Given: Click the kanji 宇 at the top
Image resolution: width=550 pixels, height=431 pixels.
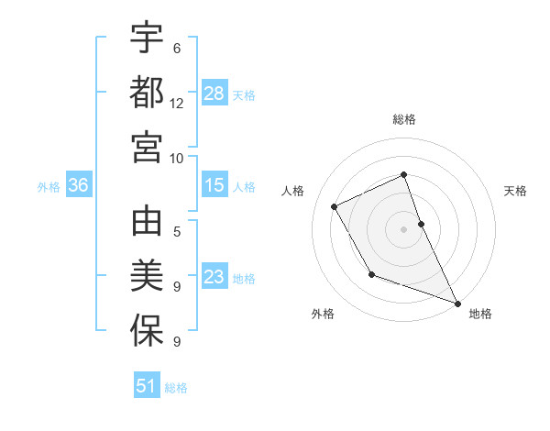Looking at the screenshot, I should pos(147,39).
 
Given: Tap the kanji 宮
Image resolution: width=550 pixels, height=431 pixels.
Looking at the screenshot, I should pos(147,147).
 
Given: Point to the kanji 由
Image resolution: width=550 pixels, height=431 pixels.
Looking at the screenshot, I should pos(147,224).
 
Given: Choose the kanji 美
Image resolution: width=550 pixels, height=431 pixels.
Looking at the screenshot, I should pos(147,277).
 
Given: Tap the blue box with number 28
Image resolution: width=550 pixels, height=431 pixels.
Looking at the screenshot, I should pos(214,93).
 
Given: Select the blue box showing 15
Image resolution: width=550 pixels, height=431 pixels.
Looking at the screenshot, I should pos(214,185).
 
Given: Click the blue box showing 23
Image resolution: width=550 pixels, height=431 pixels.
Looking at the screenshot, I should pos(214,277).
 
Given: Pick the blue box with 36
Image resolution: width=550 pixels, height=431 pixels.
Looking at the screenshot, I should pos(79,185).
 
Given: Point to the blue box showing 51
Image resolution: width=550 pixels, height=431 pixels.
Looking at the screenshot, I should pos(147,386).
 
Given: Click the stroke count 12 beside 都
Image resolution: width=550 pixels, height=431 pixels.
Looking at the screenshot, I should pos(177,104).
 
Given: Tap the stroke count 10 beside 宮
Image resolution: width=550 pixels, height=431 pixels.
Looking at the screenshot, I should pos(177,158).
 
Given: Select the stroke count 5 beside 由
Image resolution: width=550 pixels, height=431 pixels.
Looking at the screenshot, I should pos(177,233).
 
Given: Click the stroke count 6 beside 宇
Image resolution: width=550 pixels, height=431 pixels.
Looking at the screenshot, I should pos(177,49).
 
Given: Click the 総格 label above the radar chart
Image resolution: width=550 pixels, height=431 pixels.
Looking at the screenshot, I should pos(403,119).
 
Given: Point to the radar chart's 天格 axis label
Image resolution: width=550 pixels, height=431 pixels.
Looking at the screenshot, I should pos(516,191).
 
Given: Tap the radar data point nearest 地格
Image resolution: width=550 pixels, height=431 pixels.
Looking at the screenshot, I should pos(457,303).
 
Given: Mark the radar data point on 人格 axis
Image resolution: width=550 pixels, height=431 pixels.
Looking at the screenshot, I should pos(335,206).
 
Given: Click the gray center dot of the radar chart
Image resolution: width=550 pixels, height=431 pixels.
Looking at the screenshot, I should pos(403,228).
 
